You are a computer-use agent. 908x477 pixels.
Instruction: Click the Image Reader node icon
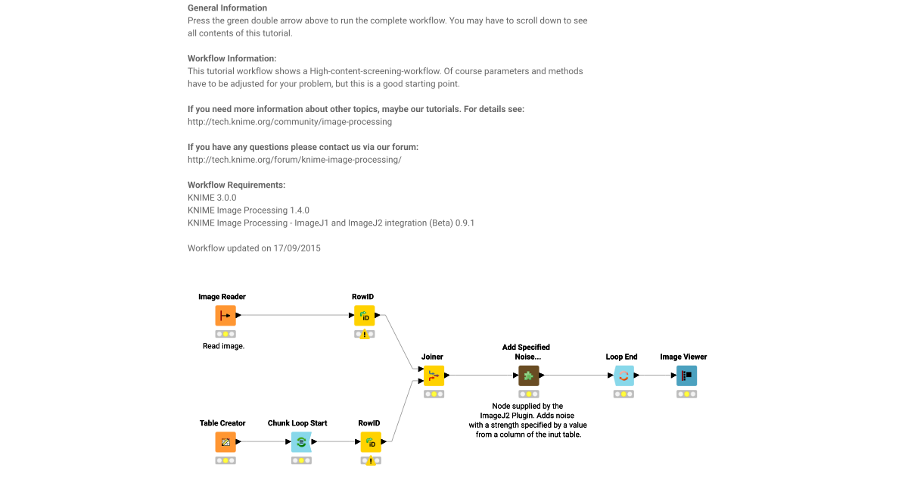point(225,316)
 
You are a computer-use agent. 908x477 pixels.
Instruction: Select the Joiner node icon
point(434,376)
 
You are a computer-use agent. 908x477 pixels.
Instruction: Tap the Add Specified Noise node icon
point(529,376)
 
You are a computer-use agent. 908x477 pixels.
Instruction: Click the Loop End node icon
point(624,376)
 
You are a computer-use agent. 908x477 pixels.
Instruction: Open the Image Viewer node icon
point(687,376)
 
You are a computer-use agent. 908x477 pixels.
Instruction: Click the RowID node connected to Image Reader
point(365,316)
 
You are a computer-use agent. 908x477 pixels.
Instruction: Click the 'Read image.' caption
point(223,346)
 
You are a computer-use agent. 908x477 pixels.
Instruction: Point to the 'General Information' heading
point(227,8)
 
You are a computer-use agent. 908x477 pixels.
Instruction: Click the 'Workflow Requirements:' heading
point(236,185)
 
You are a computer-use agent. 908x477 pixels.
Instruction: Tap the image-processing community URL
point(290,122)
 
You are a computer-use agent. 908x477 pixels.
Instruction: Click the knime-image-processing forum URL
point(294,160)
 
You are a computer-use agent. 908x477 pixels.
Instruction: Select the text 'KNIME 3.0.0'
point(212,198)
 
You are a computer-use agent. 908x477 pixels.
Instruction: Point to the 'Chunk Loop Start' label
point(297,423)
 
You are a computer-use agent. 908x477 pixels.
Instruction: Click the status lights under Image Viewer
point(687,394)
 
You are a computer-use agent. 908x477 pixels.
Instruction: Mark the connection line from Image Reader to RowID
point(295,316)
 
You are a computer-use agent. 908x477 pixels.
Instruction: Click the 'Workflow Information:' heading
point(232,58)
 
